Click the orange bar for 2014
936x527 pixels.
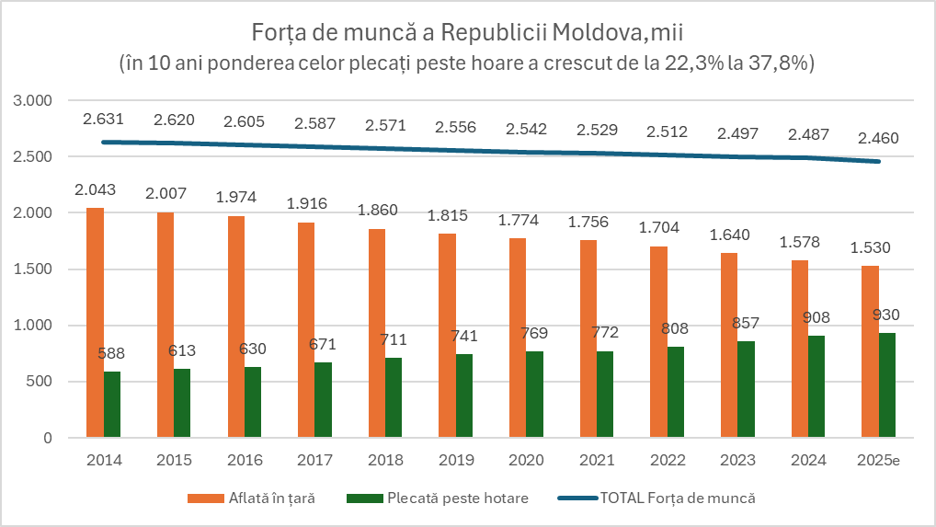point(95,323)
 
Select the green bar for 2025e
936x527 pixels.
point(886,385)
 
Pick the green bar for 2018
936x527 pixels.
point(394,397)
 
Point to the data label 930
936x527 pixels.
point(886,315)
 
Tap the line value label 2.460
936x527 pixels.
point(877,139)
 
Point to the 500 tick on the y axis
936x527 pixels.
point(41,382)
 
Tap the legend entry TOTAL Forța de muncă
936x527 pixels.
point(679,498)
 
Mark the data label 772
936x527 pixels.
point(605,332)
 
